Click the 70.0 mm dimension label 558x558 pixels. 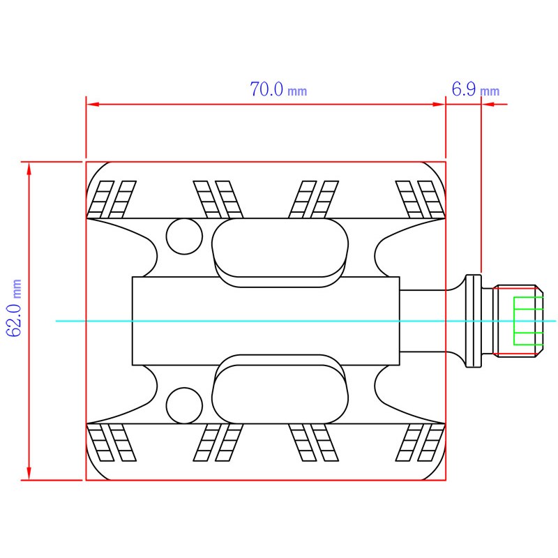[x=278, y=89]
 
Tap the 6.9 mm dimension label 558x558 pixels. [x=476, y=89]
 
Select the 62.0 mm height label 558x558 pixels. [x=15, y=308]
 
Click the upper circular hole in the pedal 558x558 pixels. [x=184, y=236]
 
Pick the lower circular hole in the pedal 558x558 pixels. [x=184, y=406]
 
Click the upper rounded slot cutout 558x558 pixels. [x=280, y=248]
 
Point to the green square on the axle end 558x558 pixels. [x=528, y=321]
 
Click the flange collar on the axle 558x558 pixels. [x=474, y=321]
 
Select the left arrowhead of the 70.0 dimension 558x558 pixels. [x=93, y=104]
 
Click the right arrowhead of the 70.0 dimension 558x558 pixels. [x=439, y=104]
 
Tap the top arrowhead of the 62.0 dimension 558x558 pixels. [x=29, y=169]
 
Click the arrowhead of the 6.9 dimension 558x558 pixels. [x=488, y=104]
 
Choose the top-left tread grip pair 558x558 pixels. [x=112, y=199]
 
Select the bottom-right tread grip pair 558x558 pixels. [x=421, y=442]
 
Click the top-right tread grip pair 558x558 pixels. [x=421, y=199]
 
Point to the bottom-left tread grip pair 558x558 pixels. [x=112, y=442]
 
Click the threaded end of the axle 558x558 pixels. [x=518, y=321]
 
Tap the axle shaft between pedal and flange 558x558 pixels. [x=423, y=321]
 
